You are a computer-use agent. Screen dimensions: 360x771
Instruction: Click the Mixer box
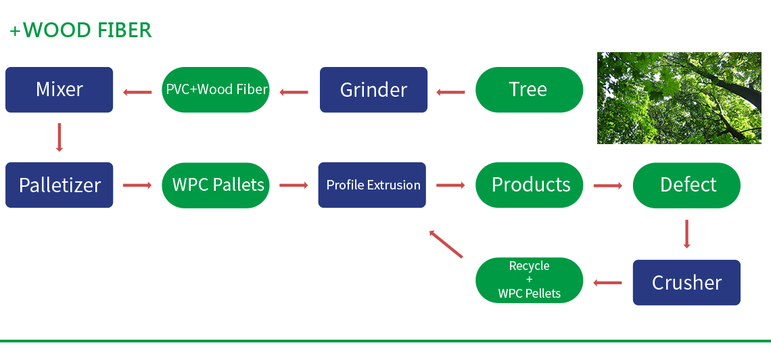[x=60, y=89]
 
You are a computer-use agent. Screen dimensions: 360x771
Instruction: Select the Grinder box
[x=373, y=89]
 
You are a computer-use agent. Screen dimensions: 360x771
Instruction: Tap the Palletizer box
[x=60, y=185]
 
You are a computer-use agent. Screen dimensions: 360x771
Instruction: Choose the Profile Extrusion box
[x=373, y=185]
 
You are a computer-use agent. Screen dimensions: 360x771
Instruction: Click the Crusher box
[x=686, y=282]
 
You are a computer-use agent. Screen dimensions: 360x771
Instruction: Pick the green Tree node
[x=529, y=89]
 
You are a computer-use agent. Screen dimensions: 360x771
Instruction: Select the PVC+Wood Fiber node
[x=216, y=89]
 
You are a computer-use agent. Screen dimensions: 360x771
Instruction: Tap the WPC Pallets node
[x=216, y=185]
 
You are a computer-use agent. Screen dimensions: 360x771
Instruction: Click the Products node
[x=530, y=185]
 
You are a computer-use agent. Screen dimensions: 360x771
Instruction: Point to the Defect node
[x=686, y=185]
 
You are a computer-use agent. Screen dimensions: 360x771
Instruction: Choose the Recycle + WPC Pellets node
[x=529, y=279]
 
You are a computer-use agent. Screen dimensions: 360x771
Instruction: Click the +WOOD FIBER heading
[x=80, y=30]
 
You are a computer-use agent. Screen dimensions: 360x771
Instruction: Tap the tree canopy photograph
[x=679, y=98]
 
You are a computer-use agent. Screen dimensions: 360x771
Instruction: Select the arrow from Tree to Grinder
[x=451, y=91]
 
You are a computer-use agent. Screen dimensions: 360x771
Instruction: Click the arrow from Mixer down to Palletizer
[x=60, y=137]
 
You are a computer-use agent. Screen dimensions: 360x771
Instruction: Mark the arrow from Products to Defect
[x=607, y=185]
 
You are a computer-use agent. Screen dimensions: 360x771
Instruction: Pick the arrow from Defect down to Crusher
[x=686, y=233]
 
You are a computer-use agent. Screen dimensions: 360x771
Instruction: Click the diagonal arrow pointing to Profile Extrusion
[x=446, y=244]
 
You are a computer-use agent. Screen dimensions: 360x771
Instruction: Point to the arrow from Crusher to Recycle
[x=607, y=283]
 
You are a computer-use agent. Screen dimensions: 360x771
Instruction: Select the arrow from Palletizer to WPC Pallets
[x=137, y=185]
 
